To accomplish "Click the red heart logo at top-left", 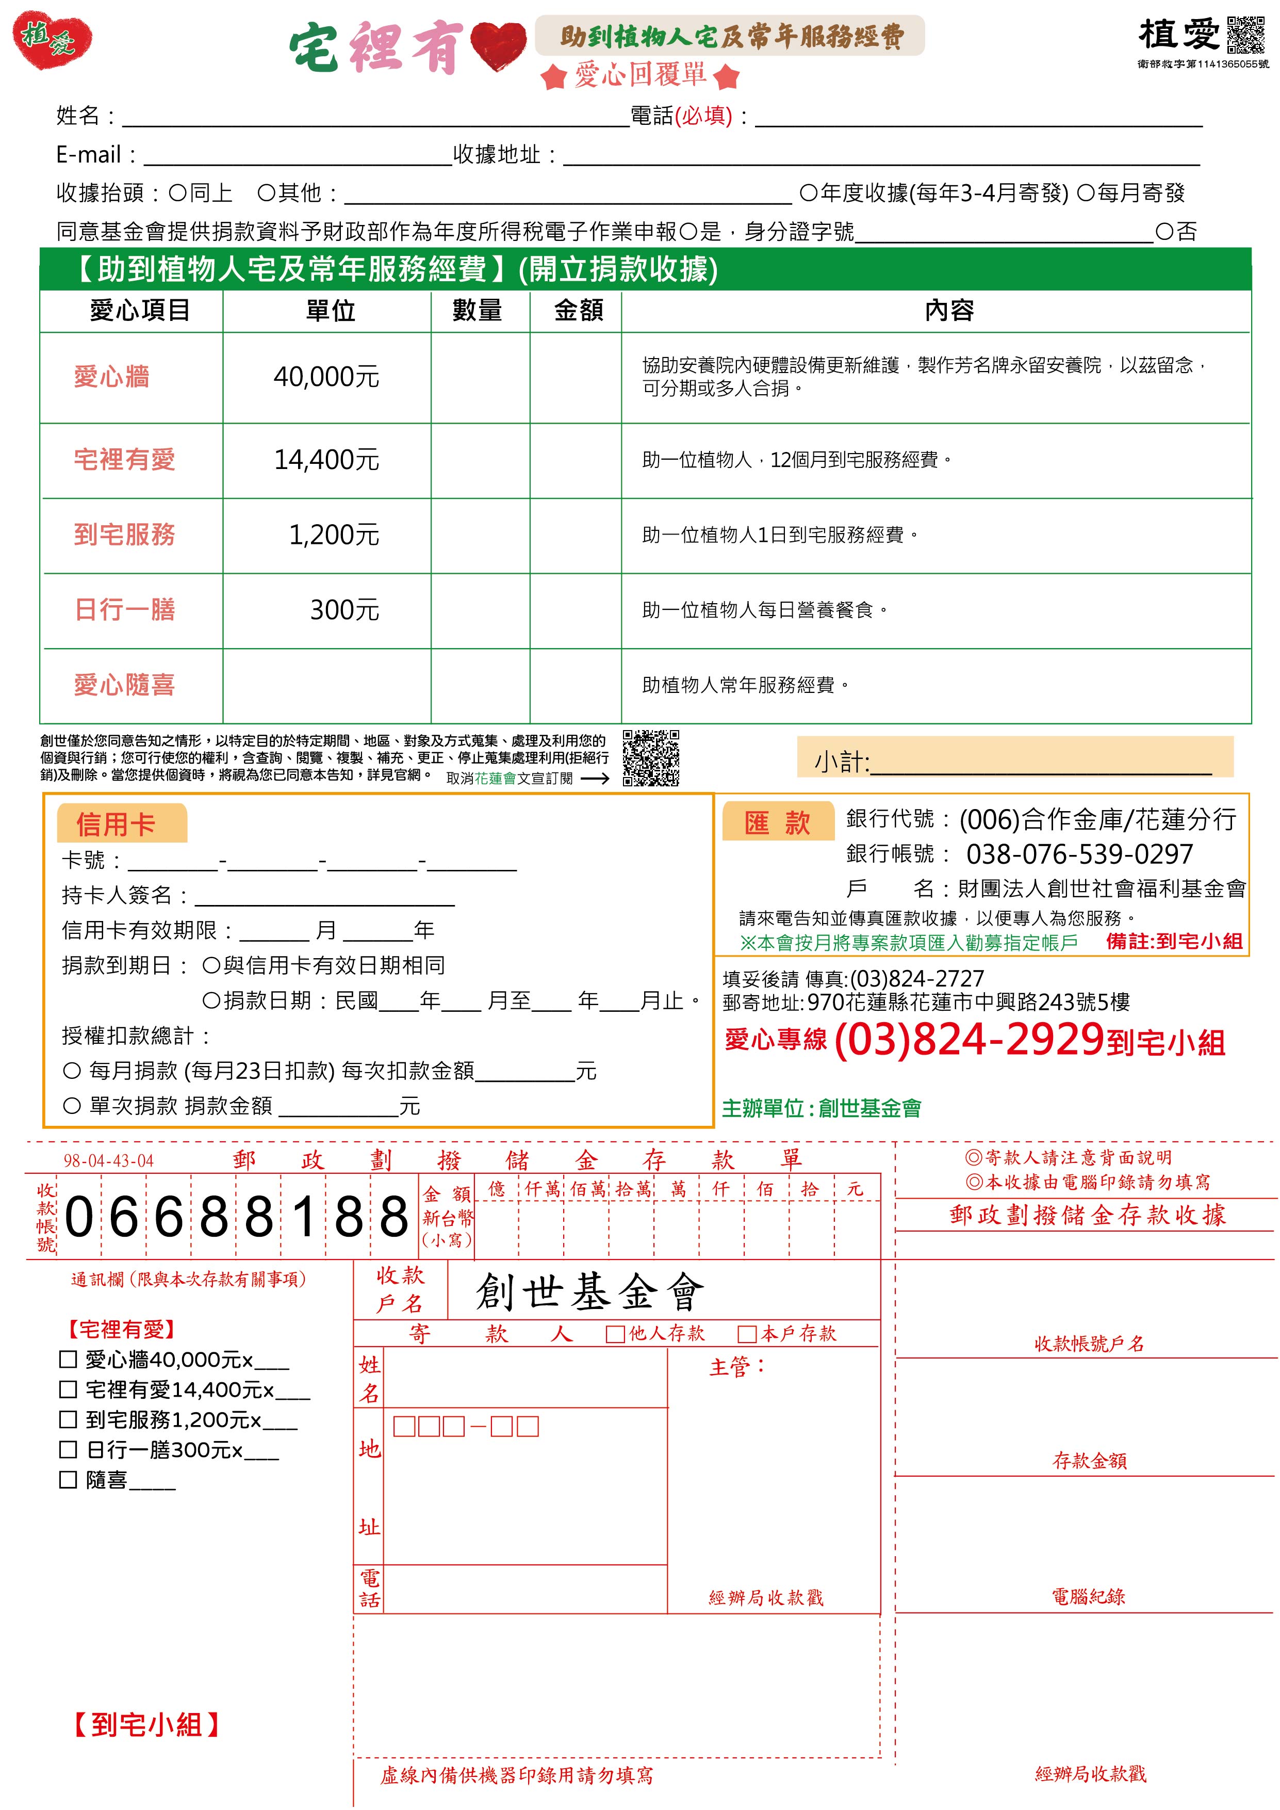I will tap(52, 39).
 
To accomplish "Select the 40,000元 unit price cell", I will tap(326, 377).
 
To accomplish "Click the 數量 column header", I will tap(477, 311).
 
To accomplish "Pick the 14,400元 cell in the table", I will tap(326, 460).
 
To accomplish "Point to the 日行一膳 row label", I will tap(124, 609).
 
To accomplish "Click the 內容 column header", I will tap(948, 311).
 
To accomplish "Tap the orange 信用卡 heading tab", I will tap(117, 825).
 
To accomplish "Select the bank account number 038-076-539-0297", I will tap(1079, 854).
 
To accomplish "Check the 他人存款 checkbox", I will tap(615, 1334).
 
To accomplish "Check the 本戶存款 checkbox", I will tap(746, 1334).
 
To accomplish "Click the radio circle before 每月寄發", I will tap(1086, 193).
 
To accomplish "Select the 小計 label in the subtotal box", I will tap(841, 762).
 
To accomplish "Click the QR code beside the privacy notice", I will tap(650, 757).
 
